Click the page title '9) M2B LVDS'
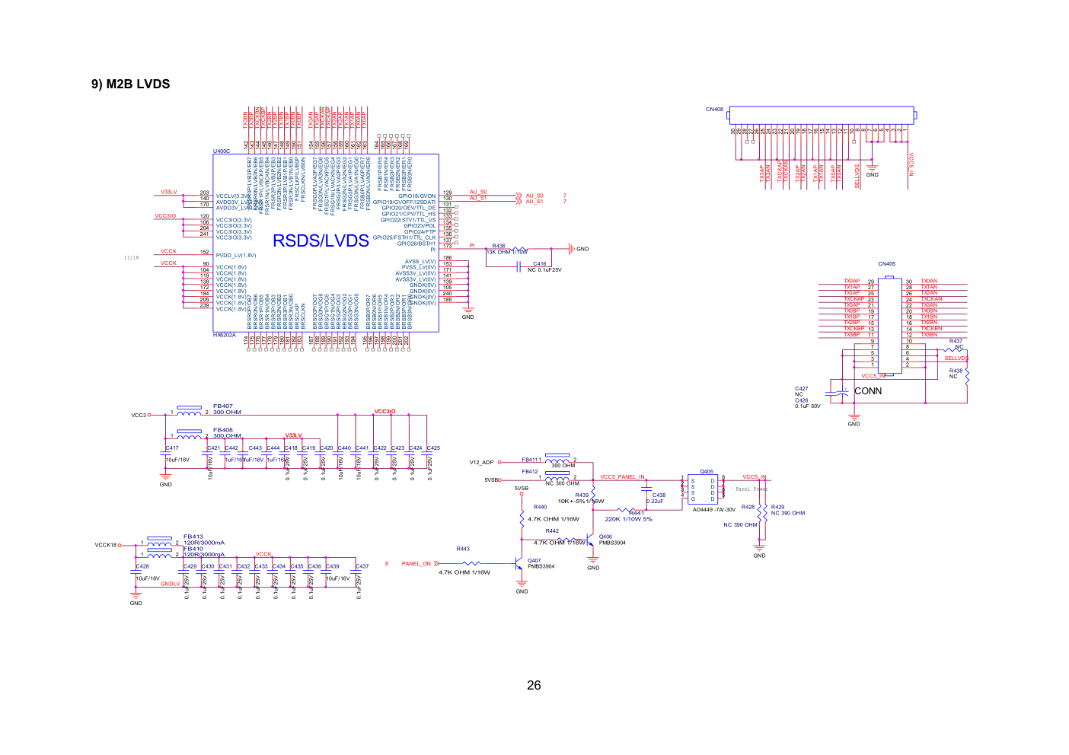130,84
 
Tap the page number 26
534,685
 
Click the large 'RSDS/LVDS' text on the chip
321,241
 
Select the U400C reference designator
222,151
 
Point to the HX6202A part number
225,335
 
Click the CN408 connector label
714,110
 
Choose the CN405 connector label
886,264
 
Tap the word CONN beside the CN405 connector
868,391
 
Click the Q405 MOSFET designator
707,472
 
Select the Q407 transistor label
534,560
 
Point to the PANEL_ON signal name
416,564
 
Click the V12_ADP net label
481,463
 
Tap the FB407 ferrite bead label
223,406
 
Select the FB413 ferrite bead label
193,537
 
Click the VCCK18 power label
106,545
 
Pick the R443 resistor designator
463,549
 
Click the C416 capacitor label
539,264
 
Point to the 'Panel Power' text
751,489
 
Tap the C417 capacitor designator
173,448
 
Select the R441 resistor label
636,513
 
